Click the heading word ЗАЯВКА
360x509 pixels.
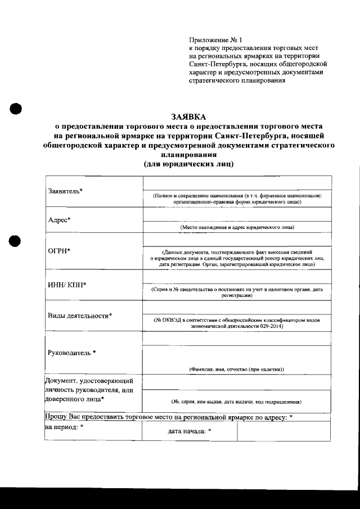click(x=188, y=116)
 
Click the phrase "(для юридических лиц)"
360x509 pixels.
click(x=188, y=164)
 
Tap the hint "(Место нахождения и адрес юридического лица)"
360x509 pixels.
click(x=237, y=227)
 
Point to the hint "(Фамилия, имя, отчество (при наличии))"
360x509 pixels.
click(x=236, y=369)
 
